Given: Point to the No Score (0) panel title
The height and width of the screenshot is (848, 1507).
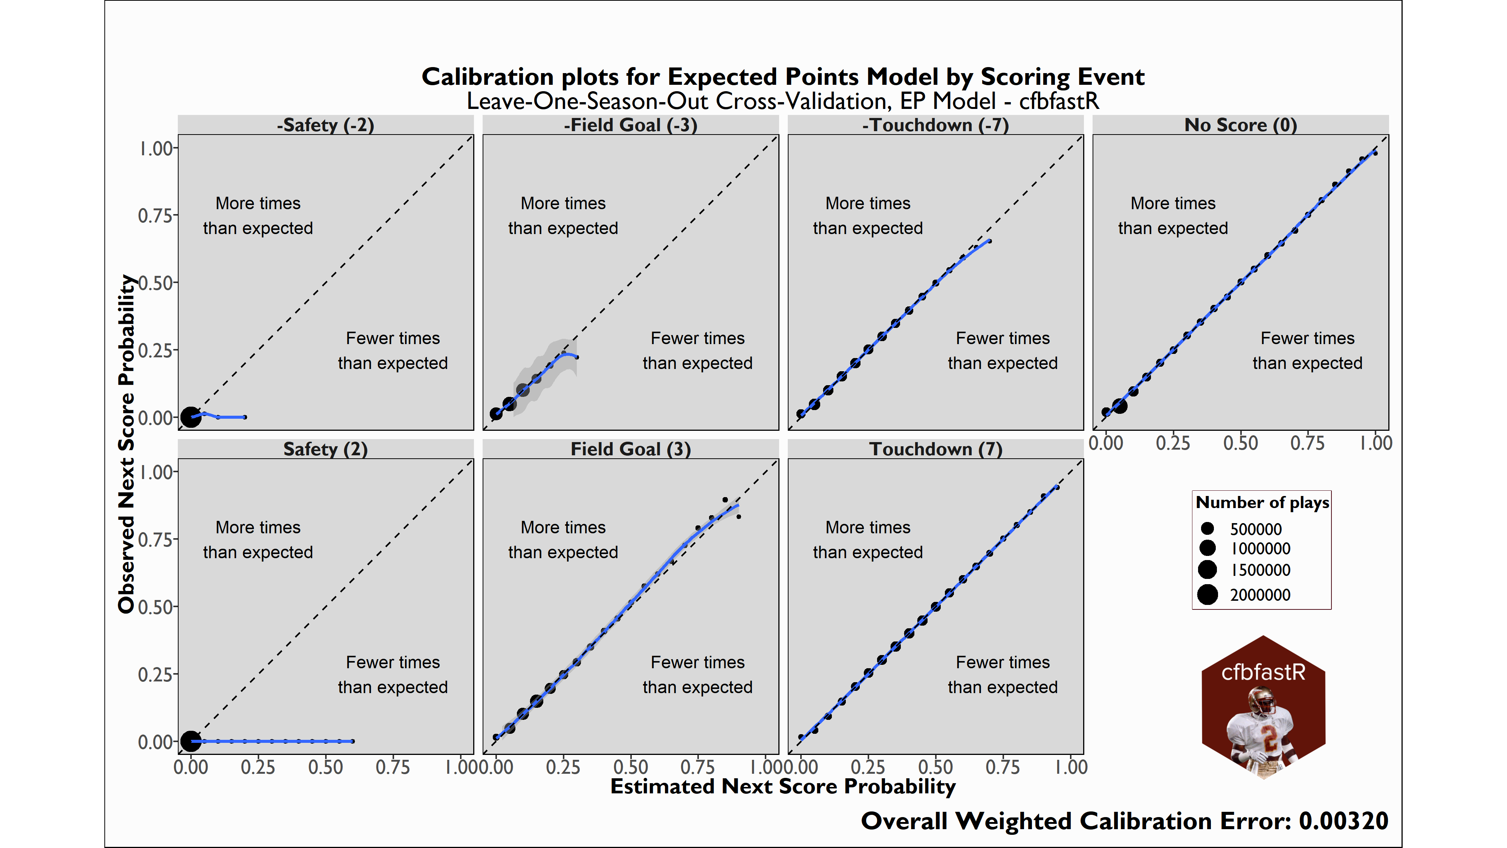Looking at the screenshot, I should tap(1240, 125).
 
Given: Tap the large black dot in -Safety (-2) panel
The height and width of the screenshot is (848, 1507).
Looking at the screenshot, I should tap(190, 417).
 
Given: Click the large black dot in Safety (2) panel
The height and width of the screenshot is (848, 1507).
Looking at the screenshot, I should tap(190, 741).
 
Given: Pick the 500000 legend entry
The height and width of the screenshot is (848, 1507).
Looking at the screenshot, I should tap(1255, 529).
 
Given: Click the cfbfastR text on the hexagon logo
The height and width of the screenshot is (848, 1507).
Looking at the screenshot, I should tap(1263, 672).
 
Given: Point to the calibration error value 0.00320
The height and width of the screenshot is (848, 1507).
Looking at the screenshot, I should tap(1343, 821).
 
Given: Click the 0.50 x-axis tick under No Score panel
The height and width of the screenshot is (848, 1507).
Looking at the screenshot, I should tap(1240, 443).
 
